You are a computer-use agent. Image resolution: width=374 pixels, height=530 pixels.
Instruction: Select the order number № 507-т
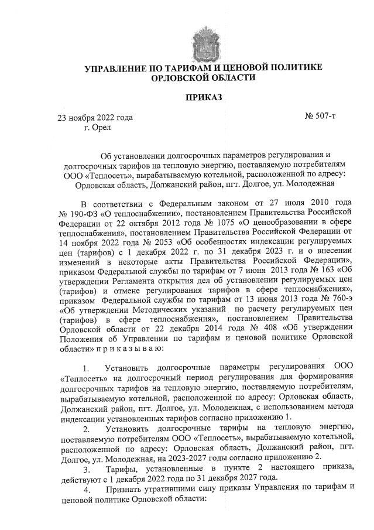tap(320, 117)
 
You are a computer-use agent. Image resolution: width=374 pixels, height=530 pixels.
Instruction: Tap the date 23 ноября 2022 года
tap(94, 117)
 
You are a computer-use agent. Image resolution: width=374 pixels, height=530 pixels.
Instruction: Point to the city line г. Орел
tap(97, 126)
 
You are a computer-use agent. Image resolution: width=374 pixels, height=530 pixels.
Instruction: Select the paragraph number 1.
tap(87, 369)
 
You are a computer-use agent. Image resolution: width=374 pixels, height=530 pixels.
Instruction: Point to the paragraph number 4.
tap(87, 491)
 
